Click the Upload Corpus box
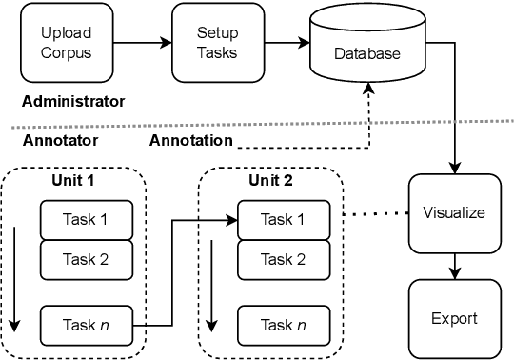pyautogui.click(x=66, y=42)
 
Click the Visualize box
pyautogui.click(x=452, y=211)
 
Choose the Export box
pyautogui.click(x=452, y=317)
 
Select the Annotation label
pyautogui.click(x=190, y=140)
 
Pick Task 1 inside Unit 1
pyautogui.click(x=85, y=220)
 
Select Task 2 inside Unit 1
pyautogui.click(x=85, y=258)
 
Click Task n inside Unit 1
pyautogui.click(x=85, y=324)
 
